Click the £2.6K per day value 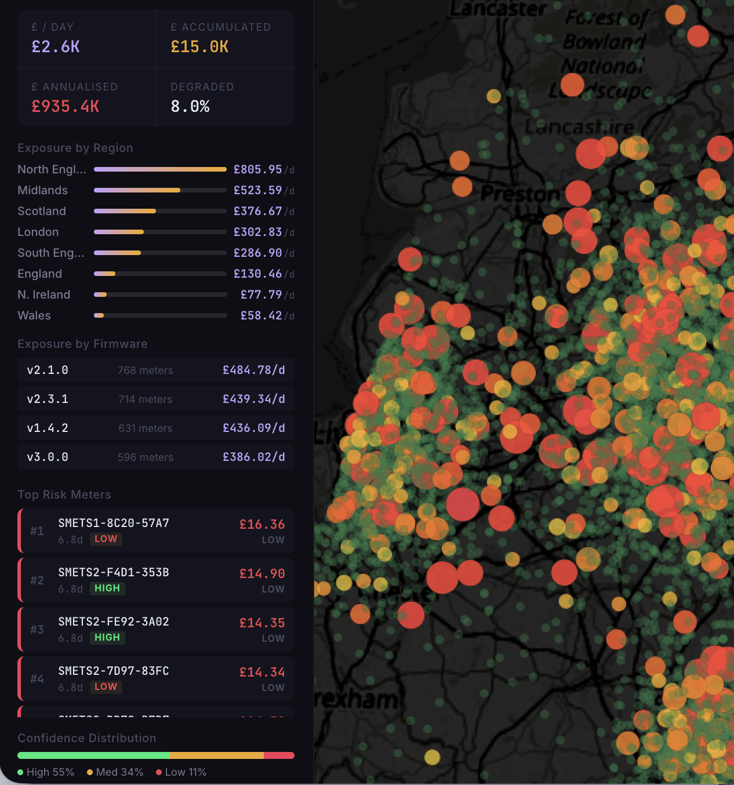tap(56, 47)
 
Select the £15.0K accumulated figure tap(199, 47)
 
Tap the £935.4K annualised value tap(66, 107)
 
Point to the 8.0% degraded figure tap(190, 107)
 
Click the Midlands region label tap(42, 190)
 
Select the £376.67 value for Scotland tap(257, 211)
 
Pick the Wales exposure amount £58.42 tap(261, 315)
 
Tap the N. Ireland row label tap(43, 295)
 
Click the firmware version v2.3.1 tap(48, 399)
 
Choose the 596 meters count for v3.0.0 tap(145, 457)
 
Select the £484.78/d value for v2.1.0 tap(254, 370)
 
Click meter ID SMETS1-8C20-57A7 tap(114, 523)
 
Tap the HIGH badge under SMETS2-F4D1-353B tap(107, 588)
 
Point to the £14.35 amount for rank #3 tap(262, 623)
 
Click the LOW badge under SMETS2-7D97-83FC tap(106, 686)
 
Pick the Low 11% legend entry tap(181, 772)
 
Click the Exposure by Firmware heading tap(82, 344)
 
